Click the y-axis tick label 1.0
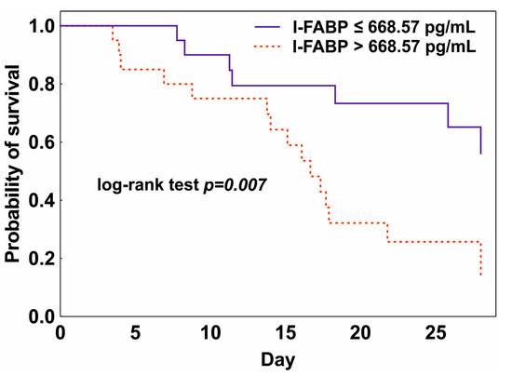pyautogui.click(x=38, y=26)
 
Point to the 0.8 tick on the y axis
pyautogui.click(x=38, y=85)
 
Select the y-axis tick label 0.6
pyautogui.click(x=38, y=142)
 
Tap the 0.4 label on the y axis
pyautogui.click(x=38, y=200)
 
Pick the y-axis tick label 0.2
pyautogui.click(x=38, y=259)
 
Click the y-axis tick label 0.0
pyautogui.click(x=38, y=316)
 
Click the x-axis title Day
pyautogui.click(x=274, y=358)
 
